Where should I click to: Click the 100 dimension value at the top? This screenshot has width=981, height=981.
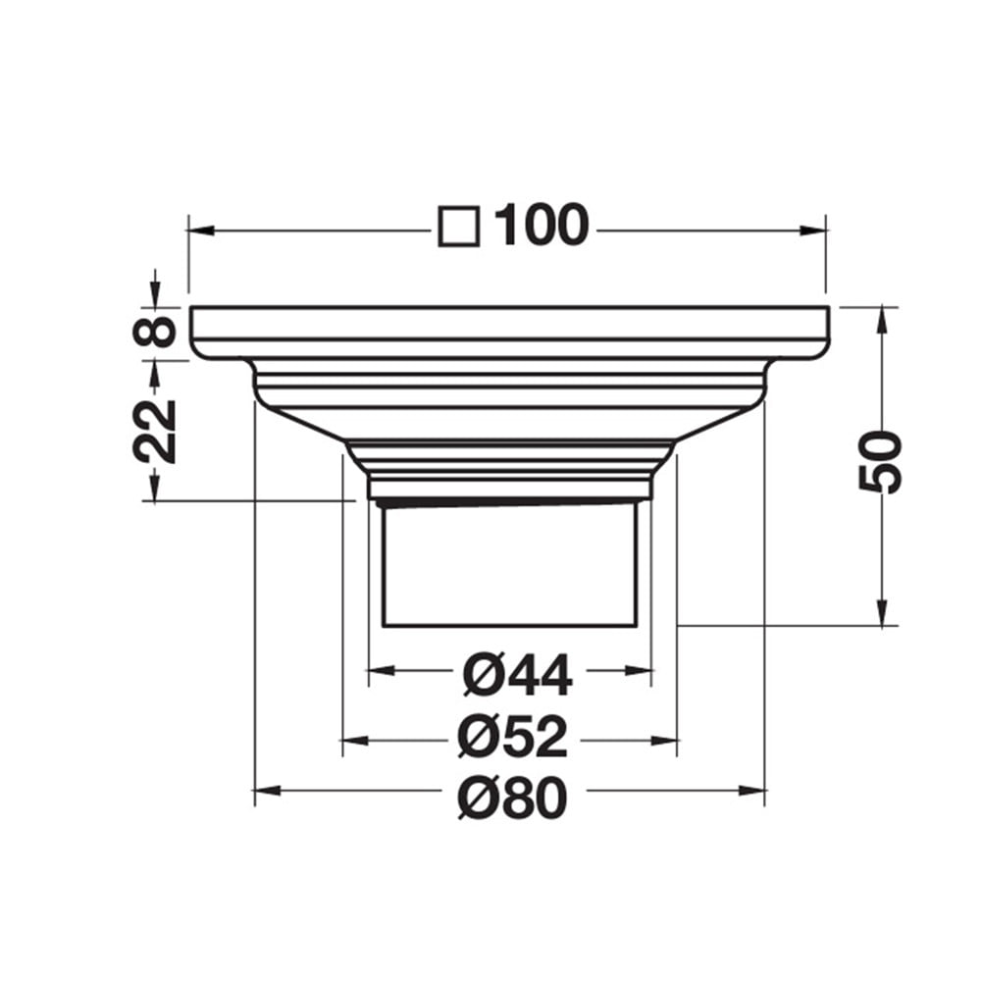coord(542,225)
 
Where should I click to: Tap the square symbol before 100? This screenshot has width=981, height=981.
coord(459,226)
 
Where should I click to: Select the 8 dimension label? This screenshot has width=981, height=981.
coord(155,332)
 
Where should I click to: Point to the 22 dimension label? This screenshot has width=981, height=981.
coord(155,431)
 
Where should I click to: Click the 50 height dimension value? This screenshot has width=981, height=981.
coord(880,461)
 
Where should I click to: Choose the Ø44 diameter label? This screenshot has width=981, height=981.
coord(517,675)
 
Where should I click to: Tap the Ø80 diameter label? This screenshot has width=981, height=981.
coord(512,797)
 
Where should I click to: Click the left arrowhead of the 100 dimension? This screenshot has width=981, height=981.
coord(201,231)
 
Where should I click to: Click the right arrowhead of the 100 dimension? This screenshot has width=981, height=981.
coord(812,231)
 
